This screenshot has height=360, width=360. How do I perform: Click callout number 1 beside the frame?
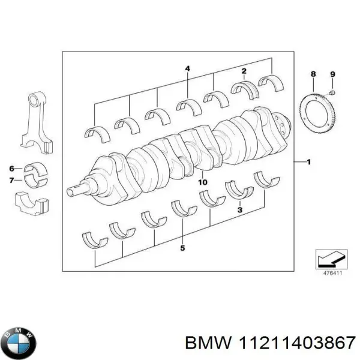(x=308, y=163)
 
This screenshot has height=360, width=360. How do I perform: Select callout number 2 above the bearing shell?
(x=244, y=71)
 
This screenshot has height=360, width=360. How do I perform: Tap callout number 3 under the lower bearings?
(x=239, y=211)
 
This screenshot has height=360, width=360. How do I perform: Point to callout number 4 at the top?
(x=187, y=69)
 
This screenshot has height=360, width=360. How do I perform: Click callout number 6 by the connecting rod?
(x=11, y=168)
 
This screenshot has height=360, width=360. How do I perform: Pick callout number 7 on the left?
(x=11, y=179)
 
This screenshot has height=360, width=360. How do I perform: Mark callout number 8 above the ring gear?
(x=312, y=74)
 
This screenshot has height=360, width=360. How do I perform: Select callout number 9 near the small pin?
(x=334, y=74)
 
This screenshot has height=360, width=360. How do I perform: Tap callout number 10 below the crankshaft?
(x=202, y=181)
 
